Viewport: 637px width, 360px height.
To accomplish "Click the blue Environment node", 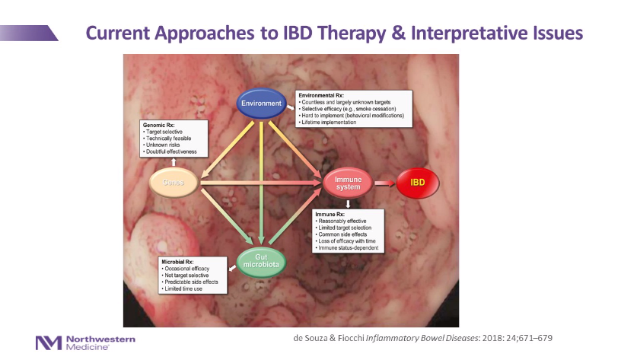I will click(260, 104).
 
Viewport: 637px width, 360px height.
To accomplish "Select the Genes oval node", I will click(175, 183).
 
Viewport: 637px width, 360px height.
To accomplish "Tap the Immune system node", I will click(347, 183).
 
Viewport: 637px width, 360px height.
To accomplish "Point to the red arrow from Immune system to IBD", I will click(384, 183).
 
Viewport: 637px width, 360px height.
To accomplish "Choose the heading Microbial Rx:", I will click(179, 262).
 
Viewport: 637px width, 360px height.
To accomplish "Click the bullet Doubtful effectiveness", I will click(171, 151).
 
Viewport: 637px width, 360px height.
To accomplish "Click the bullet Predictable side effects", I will click(192, 282).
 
